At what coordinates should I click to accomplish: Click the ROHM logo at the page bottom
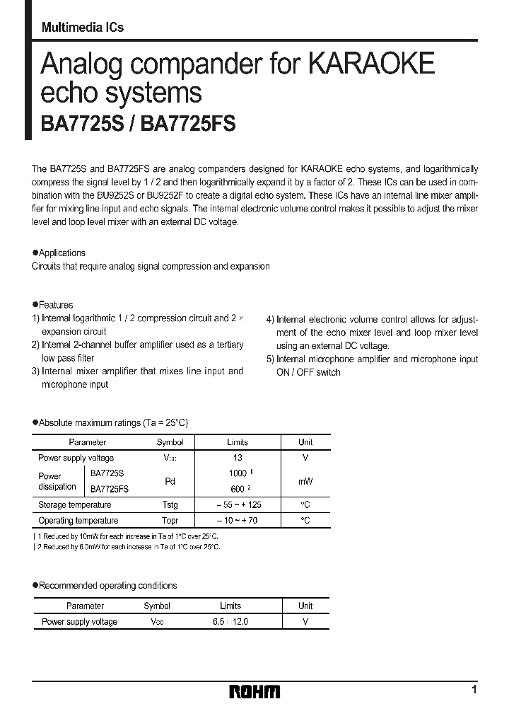255,691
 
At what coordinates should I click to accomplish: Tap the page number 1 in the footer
474,689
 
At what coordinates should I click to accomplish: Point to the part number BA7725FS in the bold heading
189,124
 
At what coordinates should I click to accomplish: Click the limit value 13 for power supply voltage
238,458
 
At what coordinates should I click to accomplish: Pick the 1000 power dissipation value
238,473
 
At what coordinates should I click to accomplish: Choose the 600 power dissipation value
238,489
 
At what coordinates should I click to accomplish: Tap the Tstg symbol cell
170,505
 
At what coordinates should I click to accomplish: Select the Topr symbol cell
170,521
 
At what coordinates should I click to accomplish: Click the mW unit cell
305,481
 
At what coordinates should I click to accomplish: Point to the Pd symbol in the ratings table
170,481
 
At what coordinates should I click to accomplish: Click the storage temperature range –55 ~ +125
238,505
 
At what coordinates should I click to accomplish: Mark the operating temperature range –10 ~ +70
238,521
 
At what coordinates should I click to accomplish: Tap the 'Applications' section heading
62,253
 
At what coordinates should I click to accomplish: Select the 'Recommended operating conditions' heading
107,586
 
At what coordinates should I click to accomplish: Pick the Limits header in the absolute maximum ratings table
238,442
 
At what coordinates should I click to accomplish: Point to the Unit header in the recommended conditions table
305,606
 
